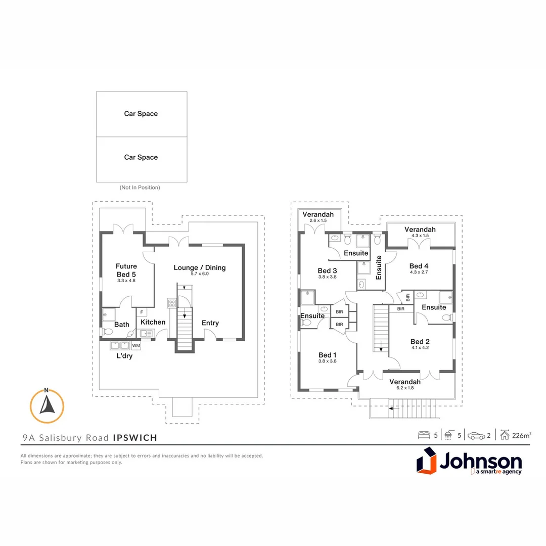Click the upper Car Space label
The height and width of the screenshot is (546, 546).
[x=141, y=114]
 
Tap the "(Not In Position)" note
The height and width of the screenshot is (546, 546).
[x=140, y=188]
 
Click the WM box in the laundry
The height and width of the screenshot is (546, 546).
[x=136, y=345]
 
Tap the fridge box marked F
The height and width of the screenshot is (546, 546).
[x=142, y=312]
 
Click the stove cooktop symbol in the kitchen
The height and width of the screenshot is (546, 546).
[x=172, y=303]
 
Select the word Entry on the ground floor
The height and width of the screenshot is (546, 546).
[x=210, y=323]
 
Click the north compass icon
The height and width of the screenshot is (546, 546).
[x=47, y=406]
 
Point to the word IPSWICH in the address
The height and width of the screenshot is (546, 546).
[x=135, y=438]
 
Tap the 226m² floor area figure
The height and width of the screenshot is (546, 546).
[x=522, y=435]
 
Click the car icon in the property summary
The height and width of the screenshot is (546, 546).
[x=476, y=436]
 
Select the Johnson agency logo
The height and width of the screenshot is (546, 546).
[x=469, y=461]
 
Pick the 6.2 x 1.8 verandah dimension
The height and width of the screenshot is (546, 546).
[x=405, y=388]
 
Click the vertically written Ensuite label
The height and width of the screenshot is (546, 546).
[x=379, y=267]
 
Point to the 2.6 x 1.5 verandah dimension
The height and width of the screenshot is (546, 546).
[x=318, y=220]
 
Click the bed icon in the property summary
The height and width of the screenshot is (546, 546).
[x=424, y=435]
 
